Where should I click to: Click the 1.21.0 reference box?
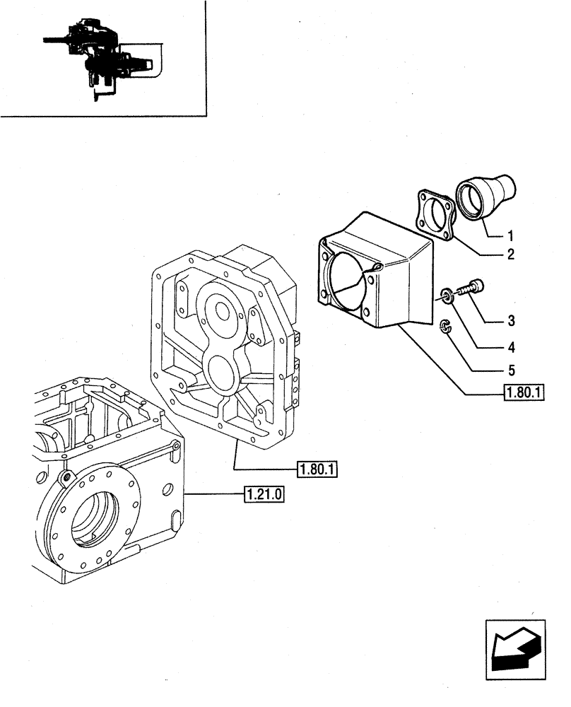[x=264, y=494]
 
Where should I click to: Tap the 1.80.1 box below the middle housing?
[x=317, y=469]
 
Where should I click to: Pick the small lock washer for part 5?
[x=445, y=326]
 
